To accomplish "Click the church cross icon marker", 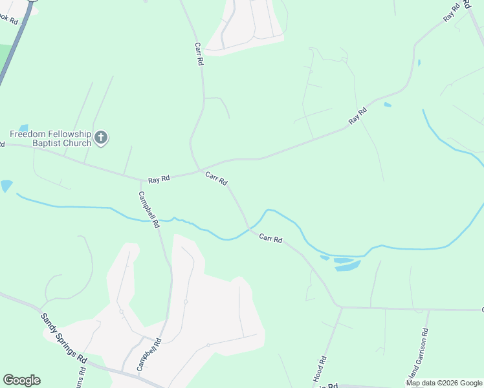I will click(100, 137).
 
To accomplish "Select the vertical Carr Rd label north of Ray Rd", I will click(199, 54).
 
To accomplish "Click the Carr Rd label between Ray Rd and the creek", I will click(216, 178).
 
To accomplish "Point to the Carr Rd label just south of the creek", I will click(270, 239).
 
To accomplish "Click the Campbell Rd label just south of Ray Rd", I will click(148, 210).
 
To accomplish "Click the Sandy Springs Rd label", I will click(63, 338).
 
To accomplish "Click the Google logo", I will click(21, 380).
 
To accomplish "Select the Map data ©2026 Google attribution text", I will click(444, 383).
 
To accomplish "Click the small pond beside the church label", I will click(24, 128).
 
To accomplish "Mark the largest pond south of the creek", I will click(347, 265).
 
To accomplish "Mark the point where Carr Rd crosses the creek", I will click(248, 228).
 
